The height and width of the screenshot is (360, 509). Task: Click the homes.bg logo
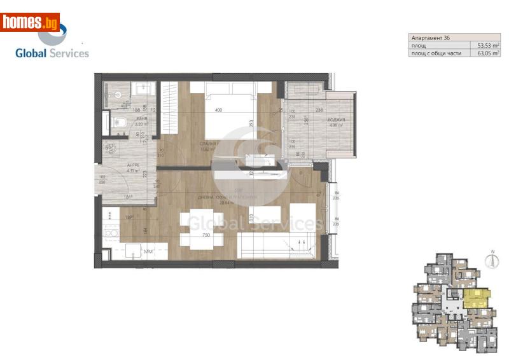pyautogui.click(x=31, y=23)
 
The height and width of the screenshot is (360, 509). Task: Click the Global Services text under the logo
pyautogui.click(x=52, y=53)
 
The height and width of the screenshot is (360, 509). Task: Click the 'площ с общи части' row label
pyautogui.click(x=436, y=53)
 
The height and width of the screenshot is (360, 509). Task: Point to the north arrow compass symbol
pyautogui.click(x=491, y=258)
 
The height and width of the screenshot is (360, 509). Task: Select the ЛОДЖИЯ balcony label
pyautogui.click(x=336, y=120)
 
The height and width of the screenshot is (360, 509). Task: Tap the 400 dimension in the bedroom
pyautogui.click(x=219, y=111)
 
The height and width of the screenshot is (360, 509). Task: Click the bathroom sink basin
pyautogui.click(x=143, y=88)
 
